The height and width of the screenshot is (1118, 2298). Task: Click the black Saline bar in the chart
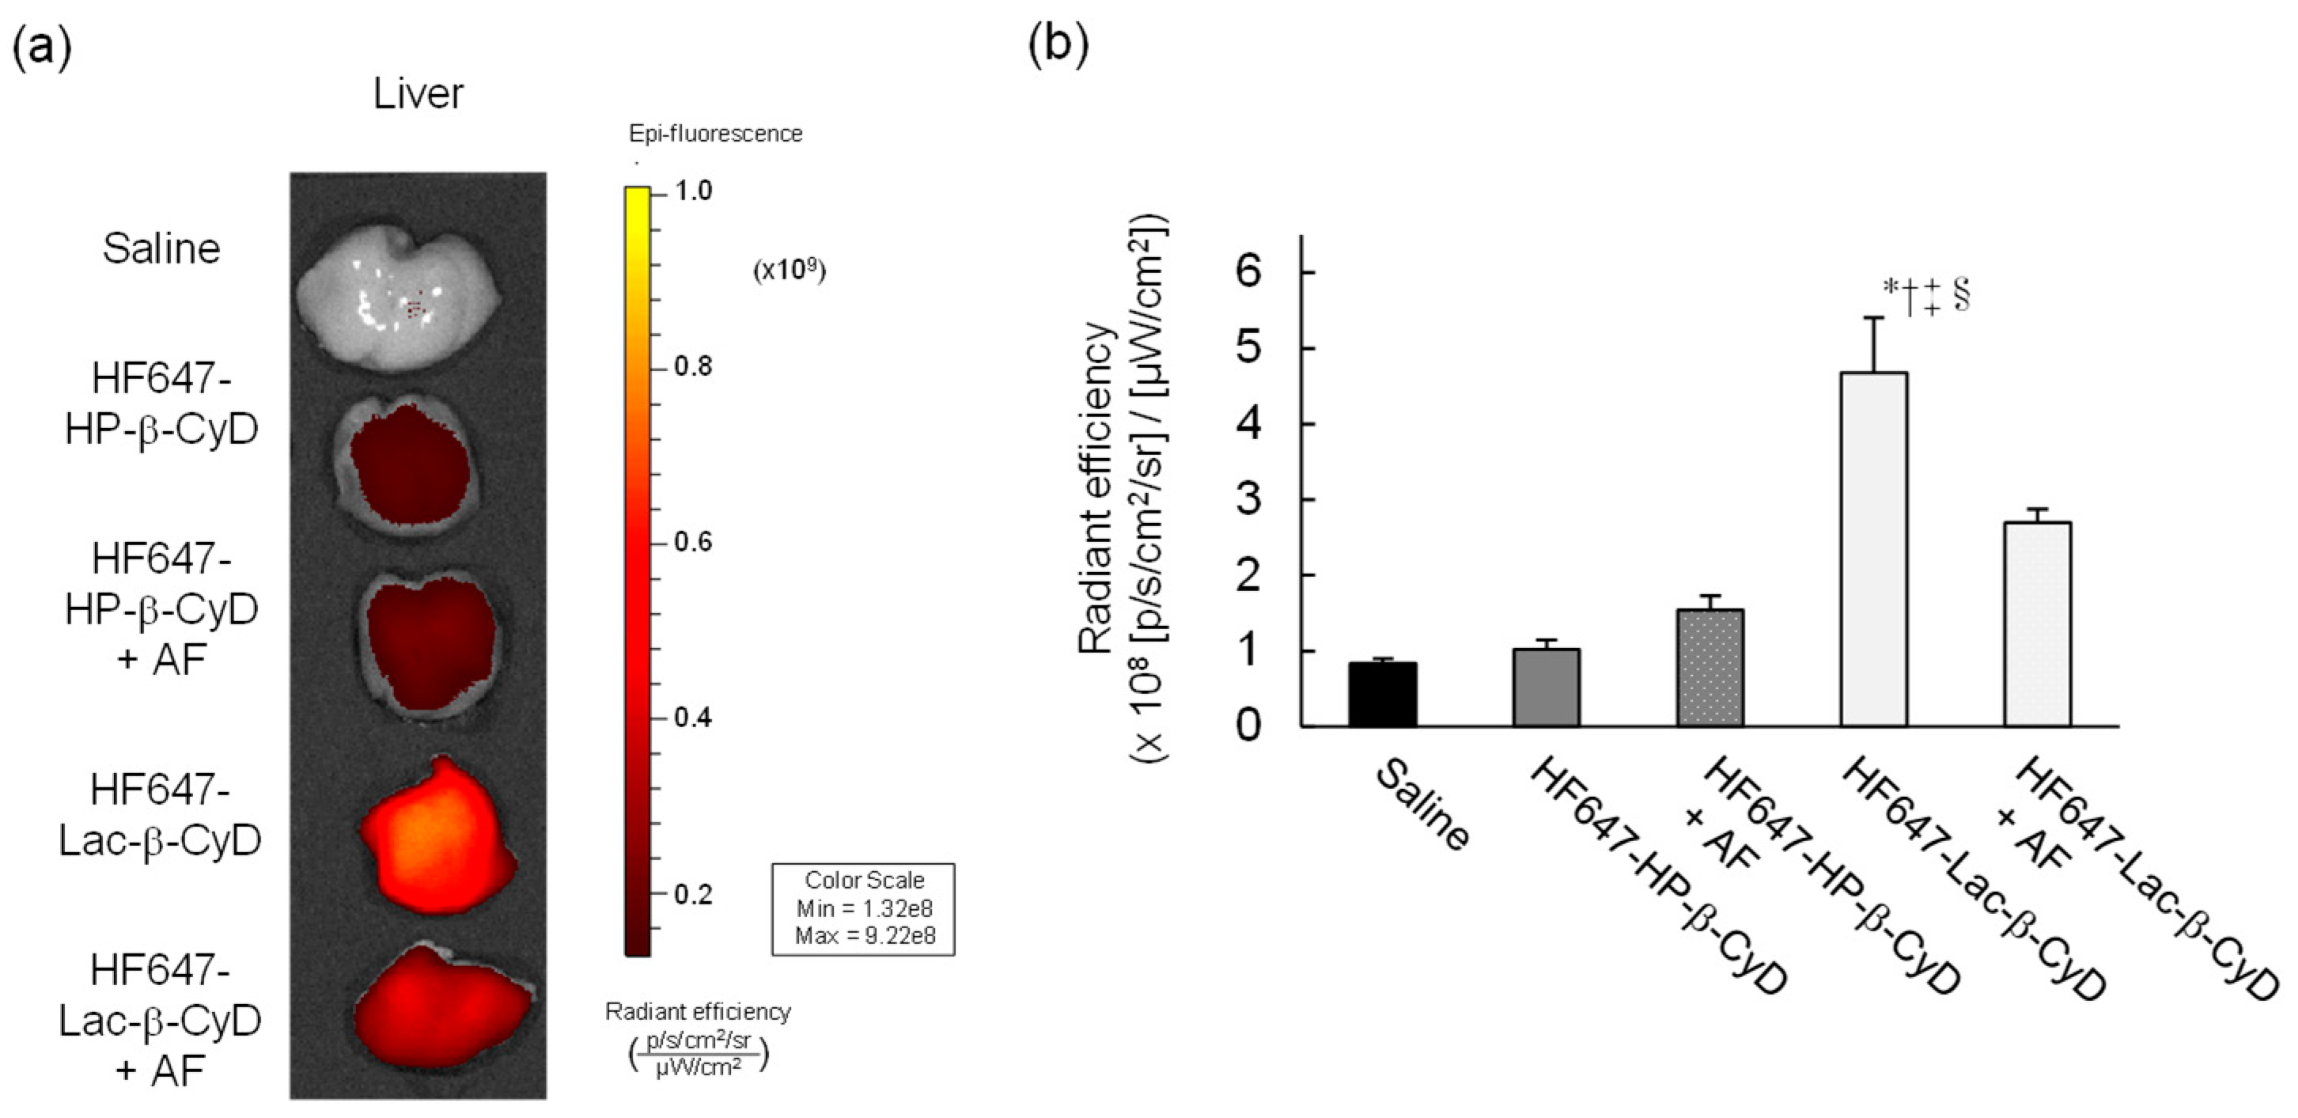[1382, 694]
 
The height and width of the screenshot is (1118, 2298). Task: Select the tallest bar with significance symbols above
[1873, 549]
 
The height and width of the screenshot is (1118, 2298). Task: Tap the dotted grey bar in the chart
[1710, 668]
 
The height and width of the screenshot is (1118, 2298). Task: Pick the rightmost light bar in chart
[2038, 623]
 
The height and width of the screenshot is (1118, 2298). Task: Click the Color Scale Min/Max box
[863, 908]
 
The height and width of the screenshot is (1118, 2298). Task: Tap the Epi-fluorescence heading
[715, 134]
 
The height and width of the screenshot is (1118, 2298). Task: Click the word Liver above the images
[418, 93]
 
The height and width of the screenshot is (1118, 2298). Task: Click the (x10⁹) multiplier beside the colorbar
[789, 271]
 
